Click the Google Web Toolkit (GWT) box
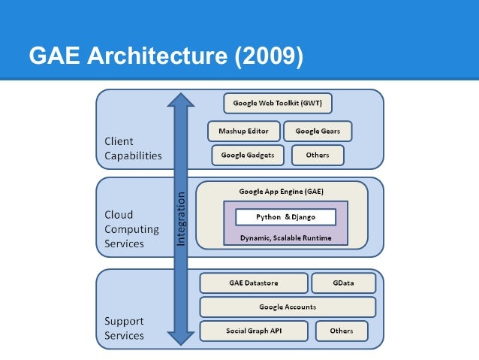tap(278, 103)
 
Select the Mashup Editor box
tap(243, 131)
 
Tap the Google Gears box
tap(318, 131)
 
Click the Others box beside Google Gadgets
tap(318, 156)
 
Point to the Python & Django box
tap(285, 216)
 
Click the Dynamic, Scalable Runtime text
tap(285, 237)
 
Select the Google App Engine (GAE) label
tap(282, 192)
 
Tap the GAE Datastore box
tap(254, 283)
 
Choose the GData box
tap(343, 283)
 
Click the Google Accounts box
tap(288, 307)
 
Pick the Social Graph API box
tap(255, 331)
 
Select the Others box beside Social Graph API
tap(341, 331)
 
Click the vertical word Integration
tap(181, 218)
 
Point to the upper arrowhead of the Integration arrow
tap(180, 100)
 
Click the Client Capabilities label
tap(133, 148)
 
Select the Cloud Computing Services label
tap(131, 229)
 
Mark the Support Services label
tap(124, 328)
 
